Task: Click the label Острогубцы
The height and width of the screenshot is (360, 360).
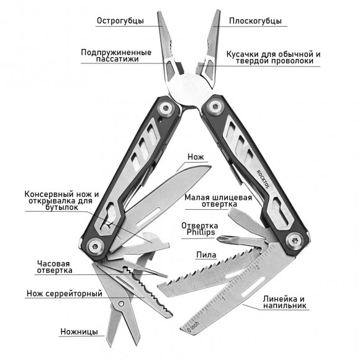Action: pyautogui.click(x=120, y=21)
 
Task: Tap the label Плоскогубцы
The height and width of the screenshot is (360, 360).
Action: pyautogui.click(x=255, y=21)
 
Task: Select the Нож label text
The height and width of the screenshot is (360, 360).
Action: pyautogui.click(x=196, y=157)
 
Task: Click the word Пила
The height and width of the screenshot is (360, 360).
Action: pyautogui.click(x=206, y=255)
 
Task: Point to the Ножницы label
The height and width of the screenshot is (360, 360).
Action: pyautogui.click(x=79, y=331)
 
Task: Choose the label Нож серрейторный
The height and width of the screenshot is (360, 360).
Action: pyautogui.click(x=65, y=294)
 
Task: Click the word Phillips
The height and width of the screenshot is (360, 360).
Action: pyautogui.click(x=200, y=232)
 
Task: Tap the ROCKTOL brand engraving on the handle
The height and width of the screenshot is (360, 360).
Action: pyautogui.click(x=263, y=179)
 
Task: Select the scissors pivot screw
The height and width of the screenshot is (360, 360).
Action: pyautogui.click(x=121, y=304)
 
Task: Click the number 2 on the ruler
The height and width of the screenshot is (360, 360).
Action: pyautogui.click(x=258, y=267)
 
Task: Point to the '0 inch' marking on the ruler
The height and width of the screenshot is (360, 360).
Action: pyautogui.click(x=192, y=326)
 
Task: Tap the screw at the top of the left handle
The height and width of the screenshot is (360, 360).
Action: pyautogui.click(x=166, y=107)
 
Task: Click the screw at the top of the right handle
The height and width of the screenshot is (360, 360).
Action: pyautogui.click(x=215, y=106)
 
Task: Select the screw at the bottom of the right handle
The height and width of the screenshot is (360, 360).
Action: pyautogui.click(x=294, y=241)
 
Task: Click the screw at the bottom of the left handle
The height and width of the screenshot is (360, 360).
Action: pyautogui.click(x=95, y=247)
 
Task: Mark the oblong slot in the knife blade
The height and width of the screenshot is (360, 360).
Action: pyautogui.click(x=148, y=218)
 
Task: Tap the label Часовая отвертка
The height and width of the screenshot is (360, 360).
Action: pyautogui.click(x=55, y=267)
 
